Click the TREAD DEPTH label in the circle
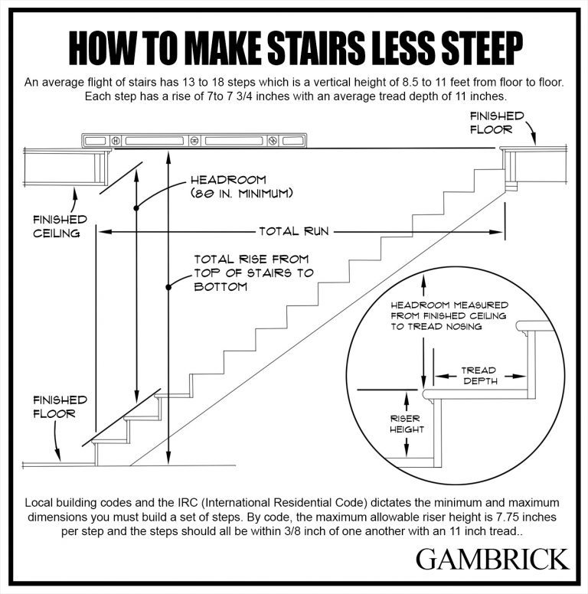coord(480,375)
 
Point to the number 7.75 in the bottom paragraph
coord(495,517)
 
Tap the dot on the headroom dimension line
coord(136,207)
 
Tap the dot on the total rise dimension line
coord(167,288)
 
